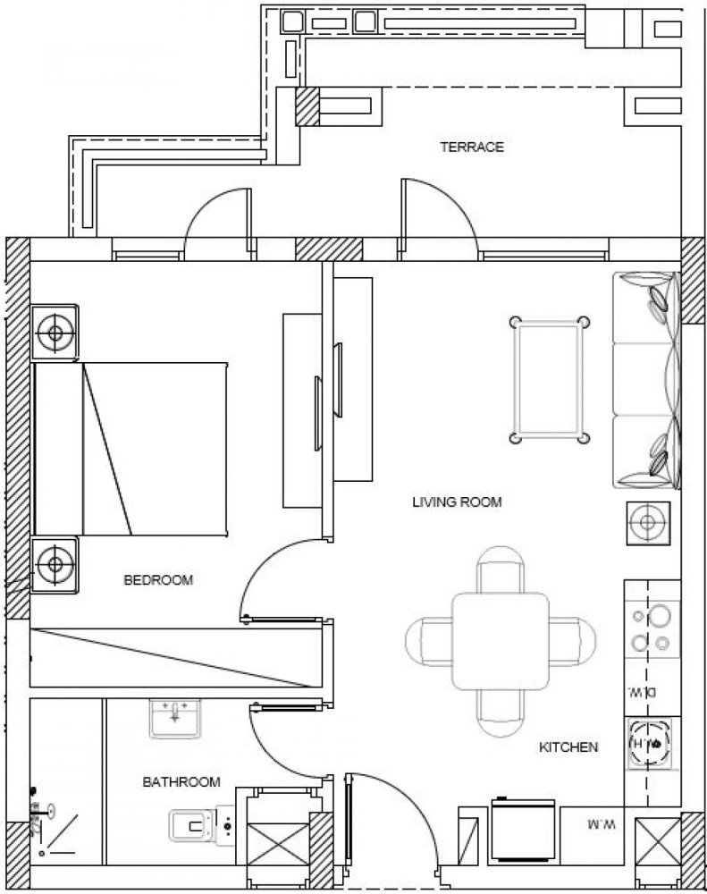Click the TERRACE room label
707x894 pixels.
[472, 147]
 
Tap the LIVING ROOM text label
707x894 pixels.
[457, 502]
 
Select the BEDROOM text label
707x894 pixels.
[157, 580]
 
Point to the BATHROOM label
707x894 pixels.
[181, 782]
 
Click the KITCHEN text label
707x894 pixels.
[568, 746]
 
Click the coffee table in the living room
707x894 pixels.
[549, 379]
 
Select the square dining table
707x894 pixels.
[500, 640]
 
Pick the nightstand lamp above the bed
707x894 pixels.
[55, 333]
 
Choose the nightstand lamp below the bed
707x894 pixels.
[55, 565]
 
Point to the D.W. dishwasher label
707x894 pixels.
[650, 692]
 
